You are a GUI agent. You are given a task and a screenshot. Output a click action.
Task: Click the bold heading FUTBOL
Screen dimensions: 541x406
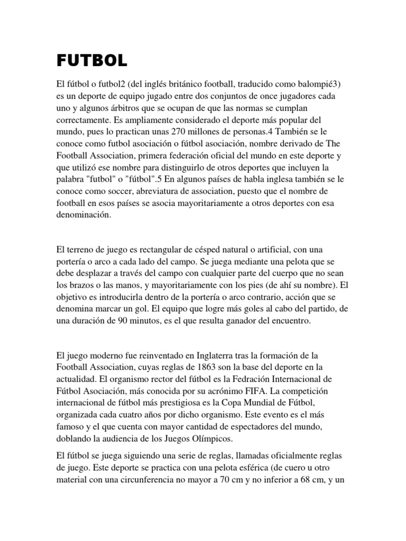click(x=92, y=61)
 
